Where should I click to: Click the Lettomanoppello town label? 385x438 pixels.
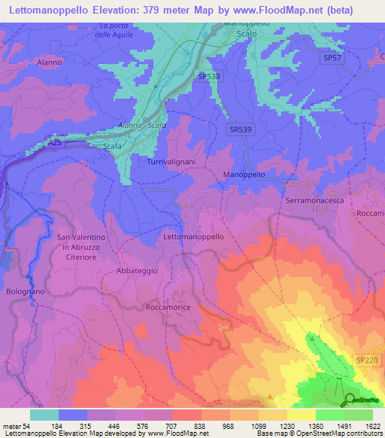[193, 236]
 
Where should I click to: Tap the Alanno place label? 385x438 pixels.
[49, 63]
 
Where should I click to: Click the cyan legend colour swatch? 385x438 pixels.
[44, 415]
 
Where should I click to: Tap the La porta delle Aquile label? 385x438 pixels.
[121, 31]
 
